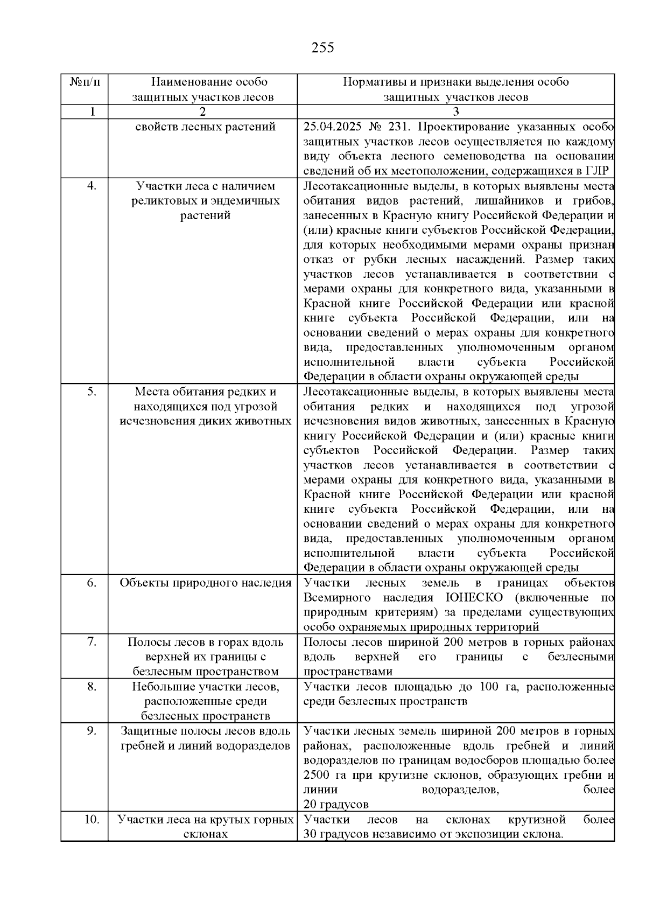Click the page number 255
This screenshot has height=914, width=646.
click(323, 48)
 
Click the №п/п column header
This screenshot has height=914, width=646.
click(85, 82)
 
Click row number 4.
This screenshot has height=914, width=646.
click(92, 186)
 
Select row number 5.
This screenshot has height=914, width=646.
click(92, 392)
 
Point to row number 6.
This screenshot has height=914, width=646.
click(92, 583)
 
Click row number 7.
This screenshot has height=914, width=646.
click(92, 642)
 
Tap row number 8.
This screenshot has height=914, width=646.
click(92, 686)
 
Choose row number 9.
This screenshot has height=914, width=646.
click(92, 731)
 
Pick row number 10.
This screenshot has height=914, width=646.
click(92, 820)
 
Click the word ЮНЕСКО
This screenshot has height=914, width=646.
click(474, 597)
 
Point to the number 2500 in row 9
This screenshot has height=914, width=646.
click(319, 776)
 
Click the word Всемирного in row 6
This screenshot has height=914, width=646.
click(337, 597)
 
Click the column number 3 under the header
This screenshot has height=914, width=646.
click(456, 112)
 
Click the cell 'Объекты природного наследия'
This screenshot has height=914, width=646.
click(205, 583)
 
